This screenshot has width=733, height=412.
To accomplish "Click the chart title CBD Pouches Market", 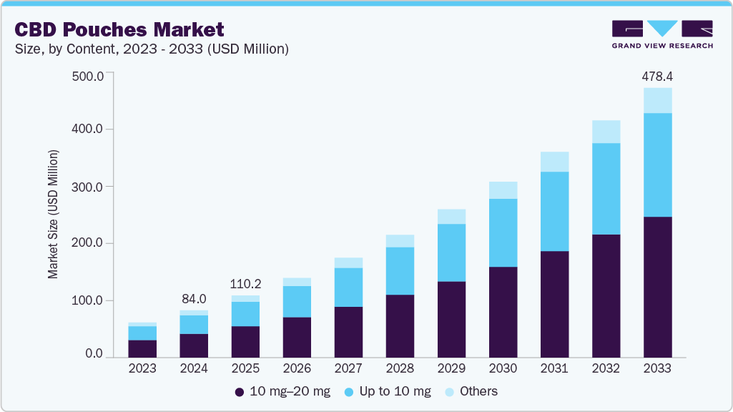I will tap(119, 29).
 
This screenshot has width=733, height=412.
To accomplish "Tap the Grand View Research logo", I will tap(661, 34).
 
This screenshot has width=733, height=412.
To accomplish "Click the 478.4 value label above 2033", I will tap(657, 76).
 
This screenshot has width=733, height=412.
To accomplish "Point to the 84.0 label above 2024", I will tap(194, 299).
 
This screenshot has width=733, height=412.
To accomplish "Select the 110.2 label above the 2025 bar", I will tap(245, 283).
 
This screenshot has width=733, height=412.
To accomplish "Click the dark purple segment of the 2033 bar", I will tap(657, 286).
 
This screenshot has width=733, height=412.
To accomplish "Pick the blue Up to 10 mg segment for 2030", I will tap(503, 232).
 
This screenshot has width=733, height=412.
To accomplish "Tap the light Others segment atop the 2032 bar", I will tap(606, 132).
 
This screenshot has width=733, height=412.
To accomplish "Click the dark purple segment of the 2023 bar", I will tap(142, 349).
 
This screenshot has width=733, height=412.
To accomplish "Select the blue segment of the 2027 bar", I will tap(348, 288).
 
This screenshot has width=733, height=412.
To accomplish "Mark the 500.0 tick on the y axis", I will tap(89, 76).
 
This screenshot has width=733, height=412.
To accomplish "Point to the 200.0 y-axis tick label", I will tap(89, 243).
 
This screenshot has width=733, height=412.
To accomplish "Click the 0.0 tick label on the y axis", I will tap(94, 354).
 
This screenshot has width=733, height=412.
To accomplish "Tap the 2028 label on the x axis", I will tap(400, 369).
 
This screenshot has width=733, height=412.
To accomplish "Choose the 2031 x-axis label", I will tap(554, 369).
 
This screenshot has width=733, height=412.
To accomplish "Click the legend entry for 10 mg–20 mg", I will tap(282, 391).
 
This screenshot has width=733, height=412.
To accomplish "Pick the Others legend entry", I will tap(471, 391).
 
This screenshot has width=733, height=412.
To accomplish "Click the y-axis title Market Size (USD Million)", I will tap(53, 215).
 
